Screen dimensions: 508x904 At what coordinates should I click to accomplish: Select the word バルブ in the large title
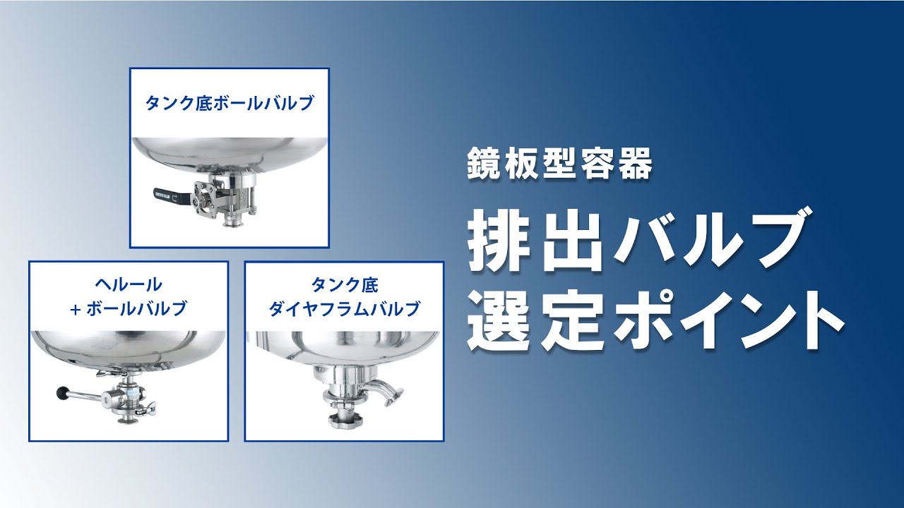(x=706, y=238)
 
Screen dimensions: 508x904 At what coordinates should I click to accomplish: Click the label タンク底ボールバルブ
(x=229, y=104)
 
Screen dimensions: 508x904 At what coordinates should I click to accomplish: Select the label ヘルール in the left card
(x=129, y=284)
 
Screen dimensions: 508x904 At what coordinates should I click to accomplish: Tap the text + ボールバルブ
(x=129, y=308)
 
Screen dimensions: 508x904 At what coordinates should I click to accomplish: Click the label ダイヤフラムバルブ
(x=345, y=308)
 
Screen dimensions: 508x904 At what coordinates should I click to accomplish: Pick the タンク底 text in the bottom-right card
(x=345, y=284)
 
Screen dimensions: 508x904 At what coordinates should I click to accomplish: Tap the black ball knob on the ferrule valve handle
(x=61, y=392)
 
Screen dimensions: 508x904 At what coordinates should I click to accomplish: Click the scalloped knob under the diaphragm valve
(x=345, y=421)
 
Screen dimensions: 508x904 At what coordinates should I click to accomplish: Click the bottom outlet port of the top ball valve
(x=231, y=222)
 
